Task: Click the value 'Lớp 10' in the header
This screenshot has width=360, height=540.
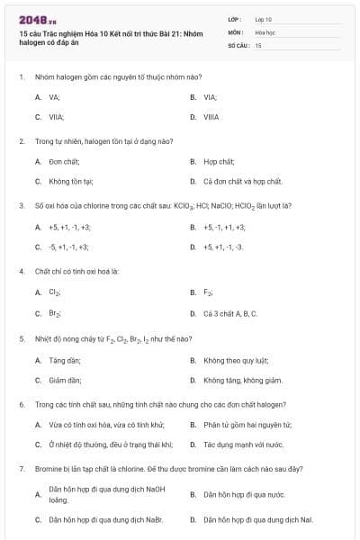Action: pos(264,18)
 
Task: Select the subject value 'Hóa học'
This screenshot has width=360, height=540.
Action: pos(265,31)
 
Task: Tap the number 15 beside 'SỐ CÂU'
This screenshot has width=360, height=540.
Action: pos(258,44)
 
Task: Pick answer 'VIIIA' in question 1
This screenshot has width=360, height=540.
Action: pos(211,117)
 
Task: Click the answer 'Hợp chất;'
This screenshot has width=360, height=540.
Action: pos(218,161)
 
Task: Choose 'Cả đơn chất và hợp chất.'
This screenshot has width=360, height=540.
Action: pos(243,181)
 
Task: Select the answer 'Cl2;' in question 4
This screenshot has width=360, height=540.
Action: pos(55,292)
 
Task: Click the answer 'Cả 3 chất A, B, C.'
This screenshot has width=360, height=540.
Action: pos(230,313)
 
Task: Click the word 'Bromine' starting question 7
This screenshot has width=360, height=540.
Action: pos(46,469)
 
